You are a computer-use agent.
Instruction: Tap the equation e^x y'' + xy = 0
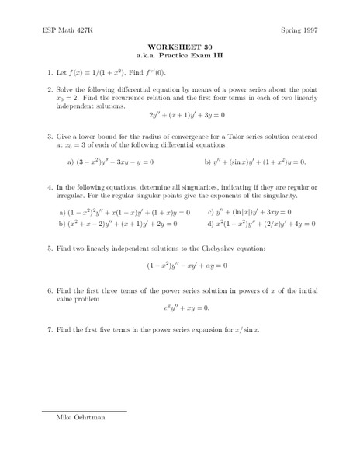(x=179, y=308)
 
